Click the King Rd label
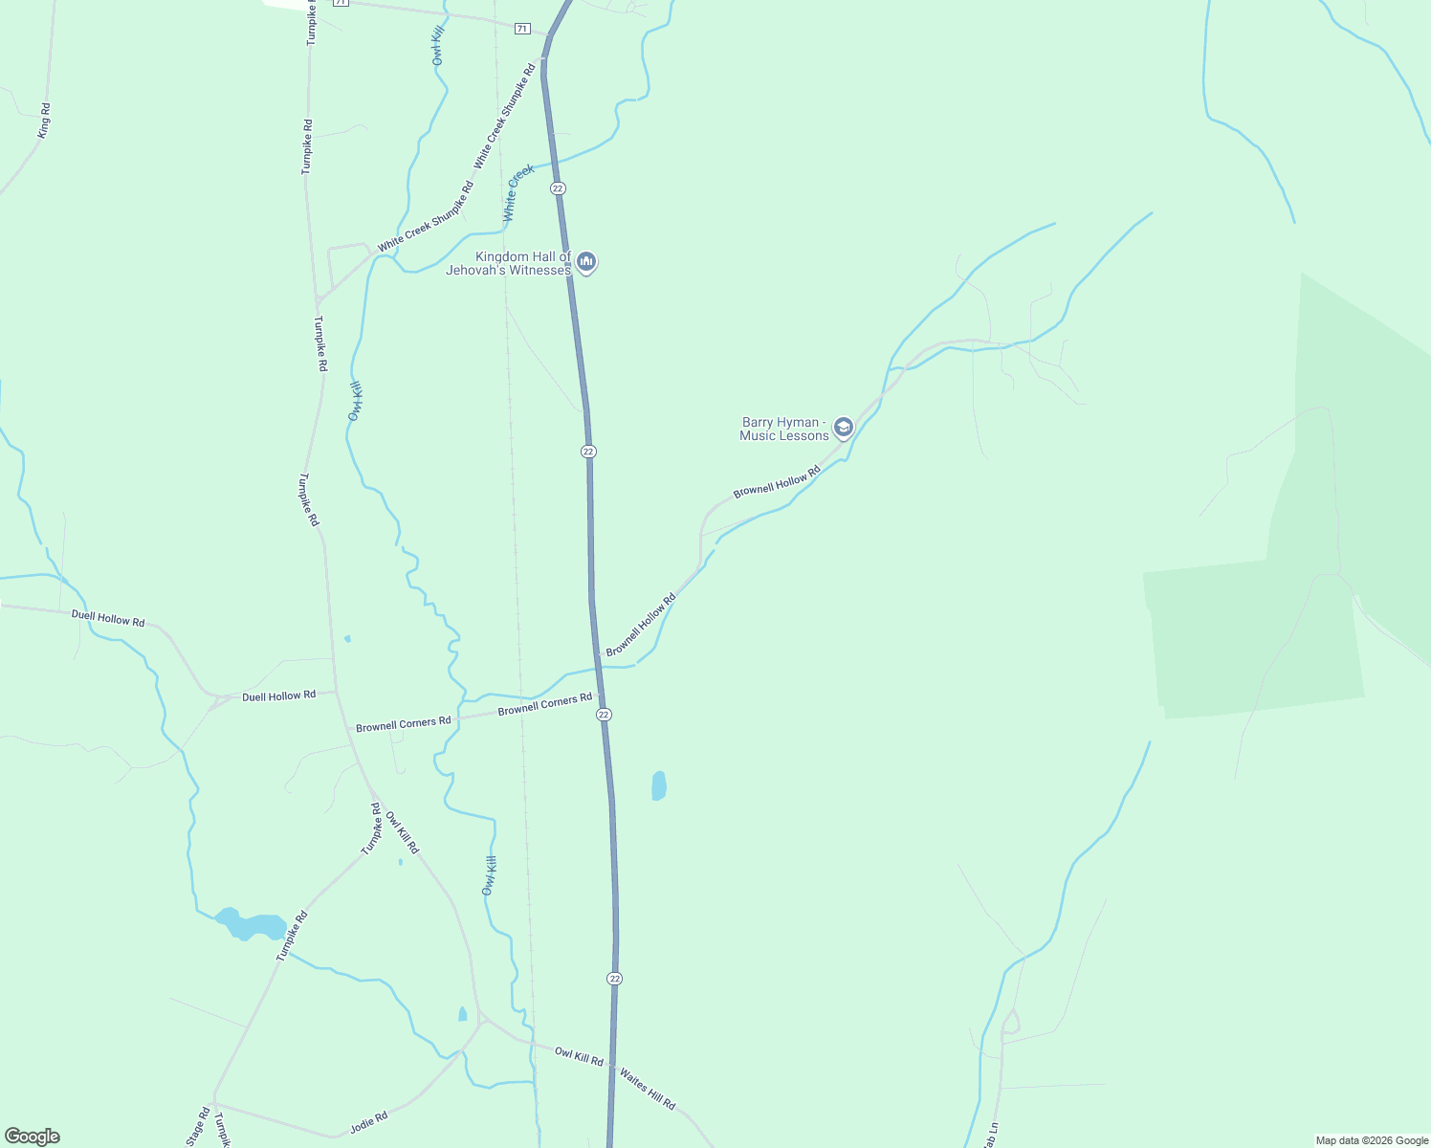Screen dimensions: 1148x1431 point(44,121)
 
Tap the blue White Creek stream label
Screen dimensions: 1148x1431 point(518,193)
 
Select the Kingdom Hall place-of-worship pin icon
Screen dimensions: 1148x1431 point(586,261)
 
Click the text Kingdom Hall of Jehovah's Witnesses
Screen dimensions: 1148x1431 point(509,263)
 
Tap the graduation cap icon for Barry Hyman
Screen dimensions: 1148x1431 point(843,427)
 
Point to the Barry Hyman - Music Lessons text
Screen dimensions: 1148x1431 point(784,429)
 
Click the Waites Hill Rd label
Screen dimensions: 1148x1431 point(648,1089)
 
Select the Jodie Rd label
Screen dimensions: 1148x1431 point(368,1122)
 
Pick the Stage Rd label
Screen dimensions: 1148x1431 point(198,1127)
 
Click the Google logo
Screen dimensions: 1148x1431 point(32,1137)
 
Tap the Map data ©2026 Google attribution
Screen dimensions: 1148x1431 point(1372,1140)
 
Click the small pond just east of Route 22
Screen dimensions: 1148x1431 point(659,785)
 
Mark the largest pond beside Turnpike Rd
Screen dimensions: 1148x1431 point(251,925)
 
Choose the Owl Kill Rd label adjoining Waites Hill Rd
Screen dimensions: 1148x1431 point(579,1056)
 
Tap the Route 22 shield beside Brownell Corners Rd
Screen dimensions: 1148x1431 point(604,715)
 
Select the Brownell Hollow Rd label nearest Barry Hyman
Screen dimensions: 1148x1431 point(777,482)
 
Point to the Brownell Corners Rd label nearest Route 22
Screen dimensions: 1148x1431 point(544,705)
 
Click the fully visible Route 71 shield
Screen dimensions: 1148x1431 point(521,29)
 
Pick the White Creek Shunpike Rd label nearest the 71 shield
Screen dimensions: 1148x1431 point(505,116)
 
